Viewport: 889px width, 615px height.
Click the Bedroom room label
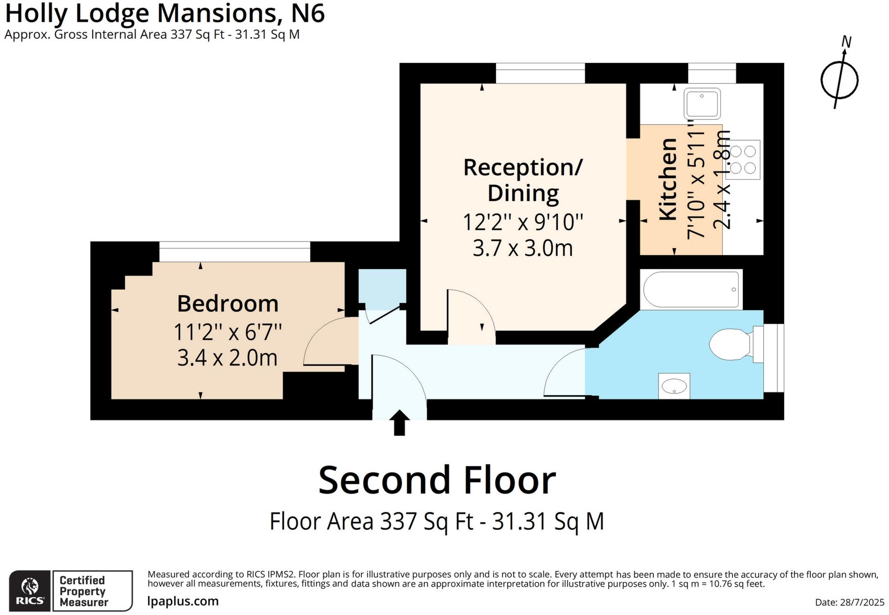click(x=228, y=304)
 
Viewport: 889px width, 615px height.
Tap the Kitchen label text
click(x=668, y=179)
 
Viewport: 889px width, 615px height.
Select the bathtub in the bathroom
click(x=691, y=289)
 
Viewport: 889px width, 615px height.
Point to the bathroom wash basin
click(x=674, y=386)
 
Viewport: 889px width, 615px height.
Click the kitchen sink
click(x=702, y=103)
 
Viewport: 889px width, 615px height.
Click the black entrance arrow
click(x=399, y=422)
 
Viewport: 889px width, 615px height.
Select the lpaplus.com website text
click(x=183, y=601)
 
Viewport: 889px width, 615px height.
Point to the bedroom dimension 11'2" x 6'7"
click(x=228, y=332)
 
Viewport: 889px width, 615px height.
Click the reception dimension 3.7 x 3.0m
click(x=523, y=248)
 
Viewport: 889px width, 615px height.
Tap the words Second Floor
click(x=437, y=480)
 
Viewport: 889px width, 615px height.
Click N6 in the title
click(x=307, y=13)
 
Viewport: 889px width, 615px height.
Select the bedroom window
click(x=234, y=251)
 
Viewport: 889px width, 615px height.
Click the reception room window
click(x=540, y=73)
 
